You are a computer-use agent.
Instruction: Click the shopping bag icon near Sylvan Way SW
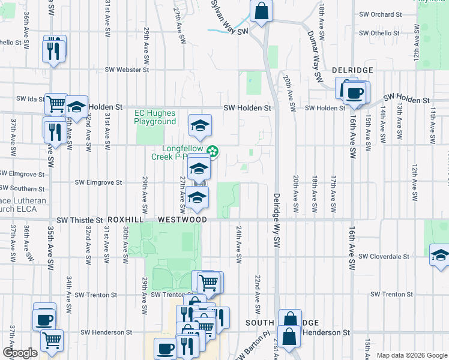[262, 11]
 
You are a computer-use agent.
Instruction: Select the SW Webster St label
[127, 70]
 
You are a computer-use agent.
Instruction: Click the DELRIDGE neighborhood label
[352, 70]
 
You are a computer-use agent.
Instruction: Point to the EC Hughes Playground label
[155, 117]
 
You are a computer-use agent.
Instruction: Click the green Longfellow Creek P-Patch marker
[211, 151]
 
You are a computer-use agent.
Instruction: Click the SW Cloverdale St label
[384, 256]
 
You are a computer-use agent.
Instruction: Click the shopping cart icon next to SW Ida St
[56, 104]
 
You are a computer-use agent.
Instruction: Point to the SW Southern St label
[19, 188]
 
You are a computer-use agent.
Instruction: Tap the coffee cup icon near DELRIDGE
[355, 92]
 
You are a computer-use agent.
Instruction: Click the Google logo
[20, 353]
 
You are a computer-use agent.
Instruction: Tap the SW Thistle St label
[82, 220]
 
